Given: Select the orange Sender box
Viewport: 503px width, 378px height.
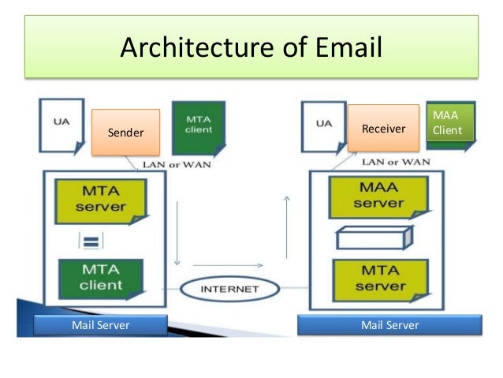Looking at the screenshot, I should click(x=126, y=132).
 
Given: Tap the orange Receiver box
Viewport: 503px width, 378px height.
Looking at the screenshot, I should click(x=383, y=128).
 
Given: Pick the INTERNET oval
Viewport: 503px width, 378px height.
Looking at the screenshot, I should click(x=230, y=289).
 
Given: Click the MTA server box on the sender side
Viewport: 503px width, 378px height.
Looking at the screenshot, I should click(x=100, y=200).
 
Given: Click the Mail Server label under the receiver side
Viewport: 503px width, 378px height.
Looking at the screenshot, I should click(x=389, y=325).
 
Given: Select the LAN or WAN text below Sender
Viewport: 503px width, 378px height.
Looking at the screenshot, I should click(x=174, y=164).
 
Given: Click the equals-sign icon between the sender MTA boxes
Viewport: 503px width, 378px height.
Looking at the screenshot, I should click(x=90, y=240).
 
